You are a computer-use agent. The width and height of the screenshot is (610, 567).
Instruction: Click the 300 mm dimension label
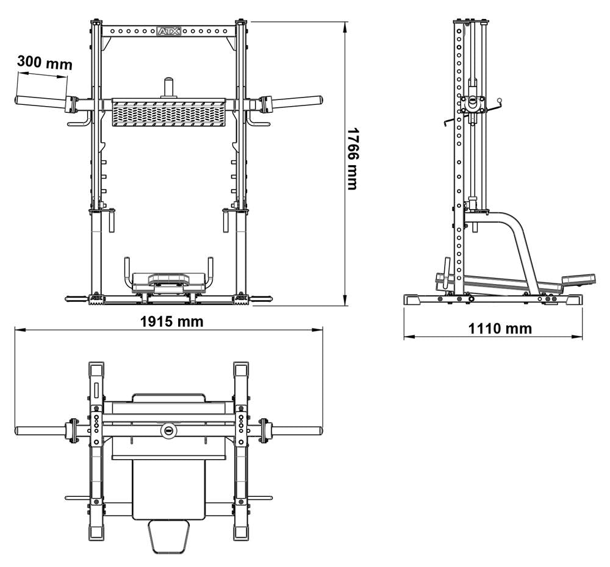point(44,62)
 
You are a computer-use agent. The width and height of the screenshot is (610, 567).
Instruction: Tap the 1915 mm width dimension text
point(173,321)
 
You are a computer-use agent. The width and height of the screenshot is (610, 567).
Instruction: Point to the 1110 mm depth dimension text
point(500,329)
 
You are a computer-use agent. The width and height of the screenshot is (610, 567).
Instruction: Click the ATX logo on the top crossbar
point(169,30)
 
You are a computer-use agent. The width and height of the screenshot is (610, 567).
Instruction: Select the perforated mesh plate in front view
point(169,113)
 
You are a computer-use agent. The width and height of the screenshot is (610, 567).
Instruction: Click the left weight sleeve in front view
point(40,101)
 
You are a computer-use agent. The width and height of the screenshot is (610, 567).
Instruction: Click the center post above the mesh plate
point(169,86)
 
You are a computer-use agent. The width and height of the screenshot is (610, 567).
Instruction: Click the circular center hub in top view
point(169,430)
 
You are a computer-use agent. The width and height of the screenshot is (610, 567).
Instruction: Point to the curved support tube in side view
point(522,244)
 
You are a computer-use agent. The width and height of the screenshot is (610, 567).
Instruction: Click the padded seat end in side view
point(578,279)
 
